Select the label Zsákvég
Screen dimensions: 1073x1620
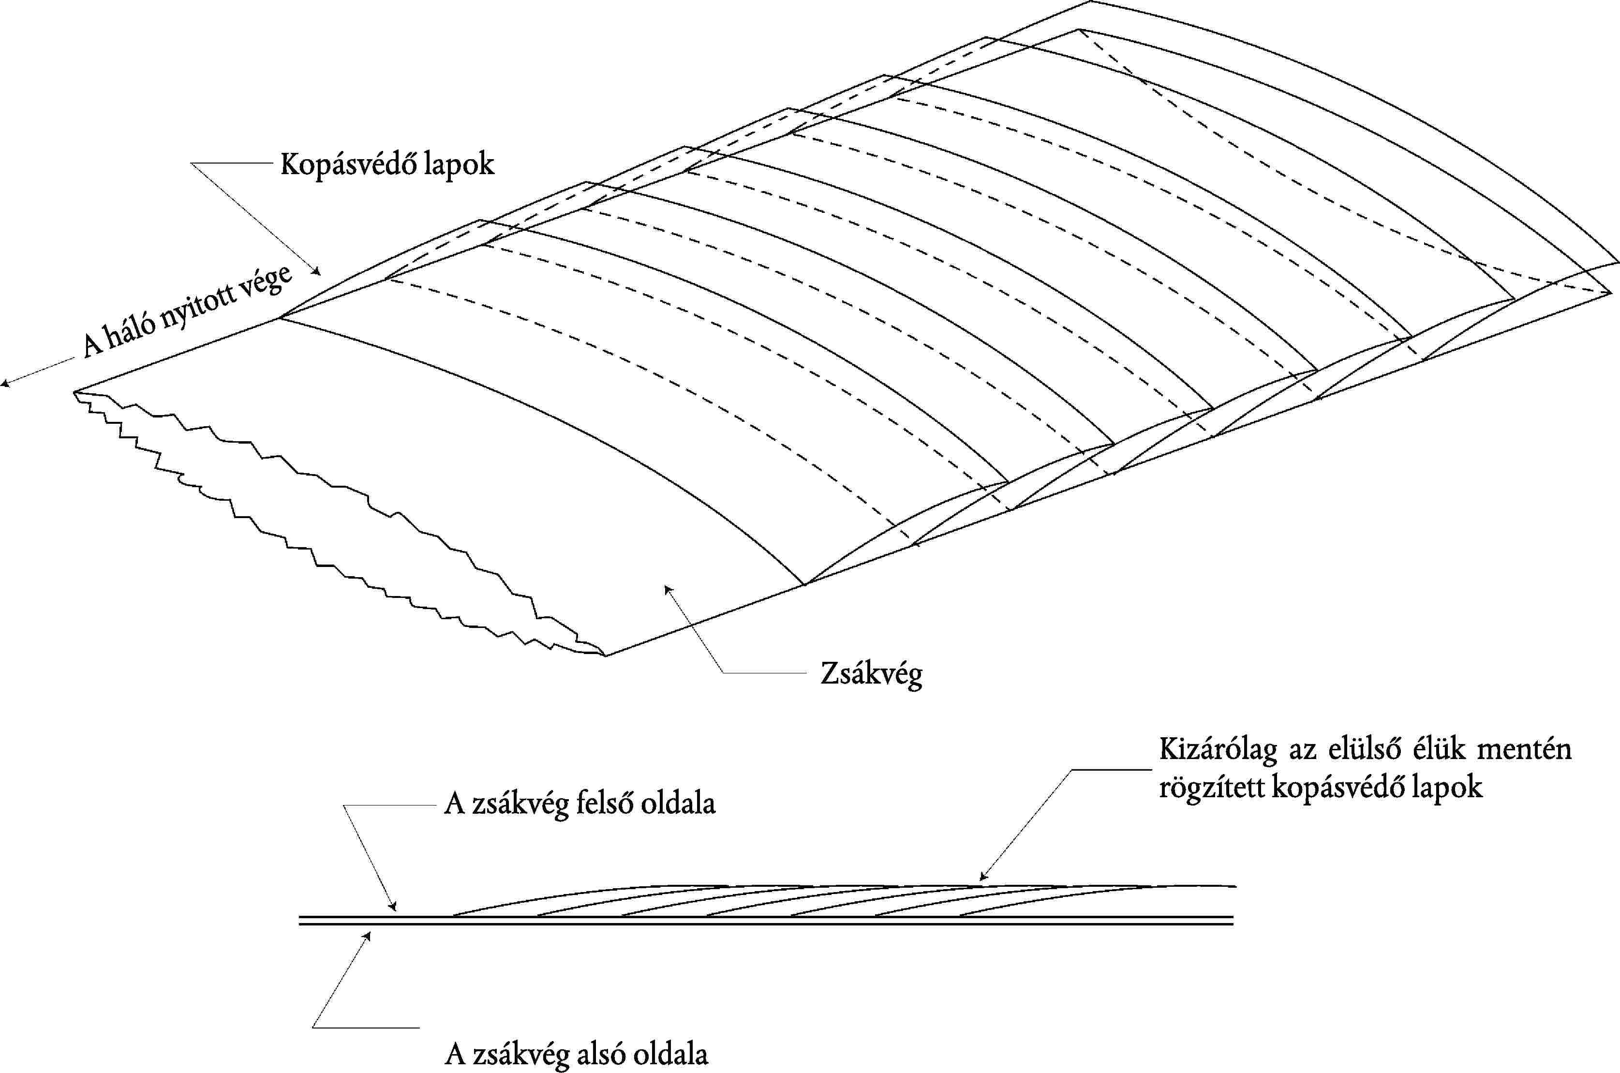click(x=871, y=675)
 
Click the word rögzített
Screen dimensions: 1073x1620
click(x=1212, y=787)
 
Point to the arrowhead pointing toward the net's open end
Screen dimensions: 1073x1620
click(x=4, y=384)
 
